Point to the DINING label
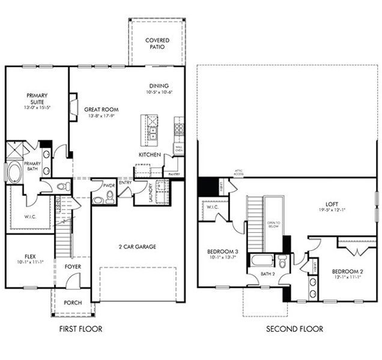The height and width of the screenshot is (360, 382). (159, 86)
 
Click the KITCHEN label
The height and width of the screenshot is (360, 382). (150, 155)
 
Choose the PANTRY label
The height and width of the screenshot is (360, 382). (174, 174)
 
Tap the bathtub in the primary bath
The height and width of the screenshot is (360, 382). (14, 170)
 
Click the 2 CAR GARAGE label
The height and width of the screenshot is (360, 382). (138, 246)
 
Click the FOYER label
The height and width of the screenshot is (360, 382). (73, 266)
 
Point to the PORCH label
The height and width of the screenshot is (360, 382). (73, 303)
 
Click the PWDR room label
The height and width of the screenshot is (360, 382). (109, 187)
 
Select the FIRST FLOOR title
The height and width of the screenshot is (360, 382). (80, 329)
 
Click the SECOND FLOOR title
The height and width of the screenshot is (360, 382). (295, 329)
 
